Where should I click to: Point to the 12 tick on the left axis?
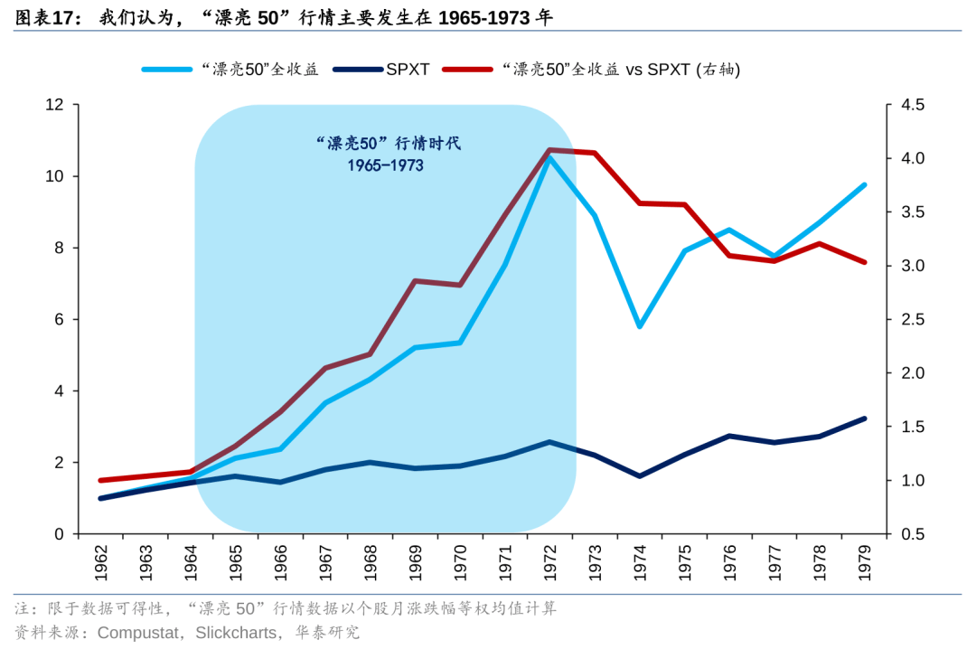55,105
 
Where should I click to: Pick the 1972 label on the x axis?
549,564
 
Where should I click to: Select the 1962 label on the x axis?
100,564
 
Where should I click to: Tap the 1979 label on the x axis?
864,564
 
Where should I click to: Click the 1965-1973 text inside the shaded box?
385,165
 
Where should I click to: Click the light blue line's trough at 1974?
640,326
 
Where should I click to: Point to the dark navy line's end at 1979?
864,419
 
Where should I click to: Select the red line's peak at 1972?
549,150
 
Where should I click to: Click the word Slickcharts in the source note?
238,633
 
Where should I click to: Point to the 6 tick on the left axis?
60,319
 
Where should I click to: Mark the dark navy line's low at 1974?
640,475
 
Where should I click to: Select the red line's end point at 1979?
864,262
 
